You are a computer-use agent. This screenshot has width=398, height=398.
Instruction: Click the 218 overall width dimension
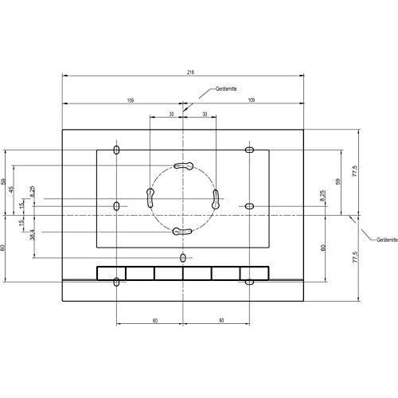(x=189, y=72)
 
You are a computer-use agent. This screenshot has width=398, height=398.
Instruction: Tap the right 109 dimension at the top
(x=252, y=100)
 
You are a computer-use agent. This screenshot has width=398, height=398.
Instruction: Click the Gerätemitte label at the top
(x=227, y=90)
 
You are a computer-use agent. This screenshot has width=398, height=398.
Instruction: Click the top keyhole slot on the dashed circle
(x=183, y=166)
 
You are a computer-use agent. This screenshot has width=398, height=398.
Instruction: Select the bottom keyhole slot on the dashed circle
(x=183, y=232)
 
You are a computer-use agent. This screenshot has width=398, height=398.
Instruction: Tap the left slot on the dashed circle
(x=150, y=197)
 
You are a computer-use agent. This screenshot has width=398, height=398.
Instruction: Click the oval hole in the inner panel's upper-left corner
(x=117, y=150)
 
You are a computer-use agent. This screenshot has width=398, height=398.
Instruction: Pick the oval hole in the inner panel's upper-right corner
(x=249, y=150)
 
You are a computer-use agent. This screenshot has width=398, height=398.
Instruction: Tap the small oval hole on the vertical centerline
(x=184, y=258)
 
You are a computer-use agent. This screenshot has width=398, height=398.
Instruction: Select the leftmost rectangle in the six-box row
(x=111, y=272)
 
